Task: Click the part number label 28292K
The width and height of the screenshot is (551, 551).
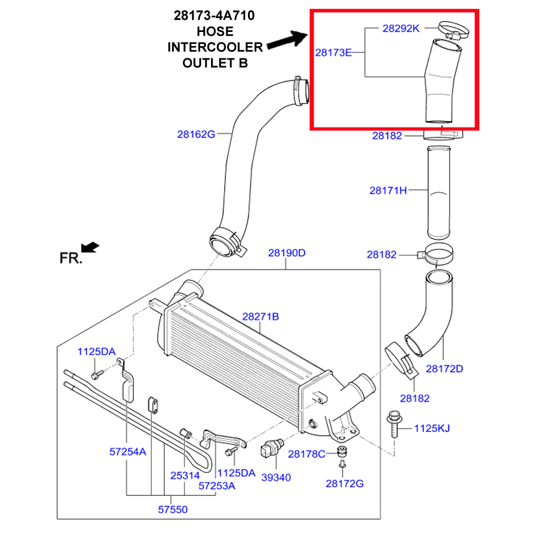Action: (401, 28)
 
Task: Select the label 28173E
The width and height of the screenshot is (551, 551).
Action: (333, 53)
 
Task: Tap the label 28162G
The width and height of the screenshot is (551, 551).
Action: (196, 133)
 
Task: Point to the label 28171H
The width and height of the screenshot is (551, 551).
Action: (388, 191)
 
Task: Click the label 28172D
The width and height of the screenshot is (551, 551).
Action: (444, 368)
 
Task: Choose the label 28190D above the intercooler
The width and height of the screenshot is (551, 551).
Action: (287, 253)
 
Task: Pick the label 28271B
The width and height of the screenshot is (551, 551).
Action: (261, 317)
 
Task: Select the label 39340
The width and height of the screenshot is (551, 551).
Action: (275, 477)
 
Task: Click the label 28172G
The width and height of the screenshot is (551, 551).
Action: (344, 483)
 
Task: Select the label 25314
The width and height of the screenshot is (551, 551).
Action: (185, 476)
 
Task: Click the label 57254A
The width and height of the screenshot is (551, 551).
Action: (127, 452)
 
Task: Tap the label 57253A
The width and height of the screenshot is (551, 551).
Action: (217, 485)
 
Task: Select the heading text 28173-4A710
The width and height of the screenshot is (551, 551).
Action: (214, 16)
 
